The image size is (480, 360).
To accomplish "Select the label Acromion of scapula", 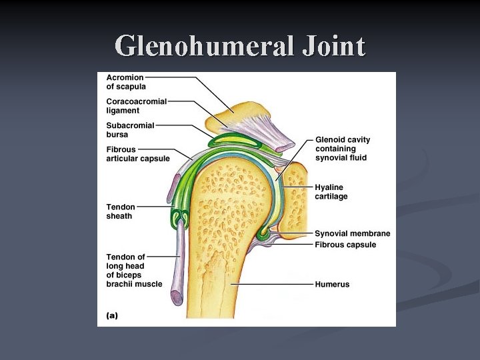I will click(126, 82).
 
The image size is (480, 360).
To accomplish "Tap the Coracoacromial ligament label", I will click(136, 106).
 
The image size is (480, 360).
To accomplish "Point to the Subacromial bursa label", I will click(130, 130).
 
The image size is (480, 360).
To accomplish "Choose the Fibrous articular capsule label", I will click(137, 154).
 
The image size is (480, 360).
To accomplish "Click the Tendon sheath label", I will click(120, 211).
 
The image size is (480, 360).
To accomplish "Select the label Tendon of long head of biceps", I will click(133, 270).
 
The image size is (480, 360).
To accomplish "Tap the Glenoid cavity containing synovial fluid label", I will click(342, 149).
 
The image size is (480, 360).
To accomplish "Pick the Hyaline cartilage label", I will click(331, 192).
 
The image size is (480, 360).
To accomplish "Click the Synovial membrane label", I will click(352, 234).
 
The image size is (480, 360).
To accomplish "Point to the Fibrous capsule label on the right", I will click(345, 245).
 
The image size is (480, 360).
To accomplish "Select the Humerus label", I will click(332, 285).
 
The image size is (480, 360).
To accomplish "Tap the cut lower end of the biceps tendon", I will click(177, 297).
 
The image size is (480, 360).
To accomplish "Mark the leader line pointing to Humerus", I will click(273, 285).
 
